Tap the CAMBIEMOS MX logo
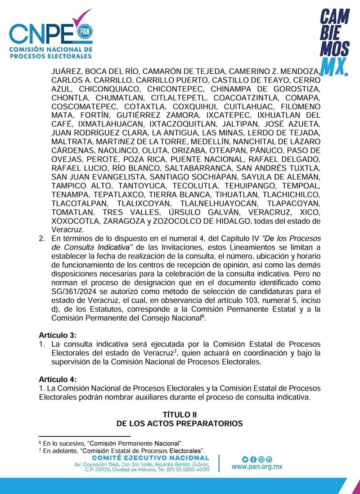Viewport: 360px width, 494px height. [x=334, y=43]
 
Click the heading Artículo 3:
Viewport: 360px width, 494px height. [x=57, y=336]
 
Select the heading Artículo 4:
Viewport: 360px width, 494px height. [x=57, y=378]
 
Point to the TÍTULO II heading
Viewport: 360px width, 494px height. [x=180, y=414]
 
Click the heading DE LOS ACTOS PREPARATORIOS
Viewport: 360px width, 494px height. [x=180, y=423]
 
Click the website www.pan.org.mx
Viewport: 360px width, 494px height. [x=257, y=467]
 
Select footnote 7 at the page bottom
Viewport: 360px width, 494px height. [x=122, y=450]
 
